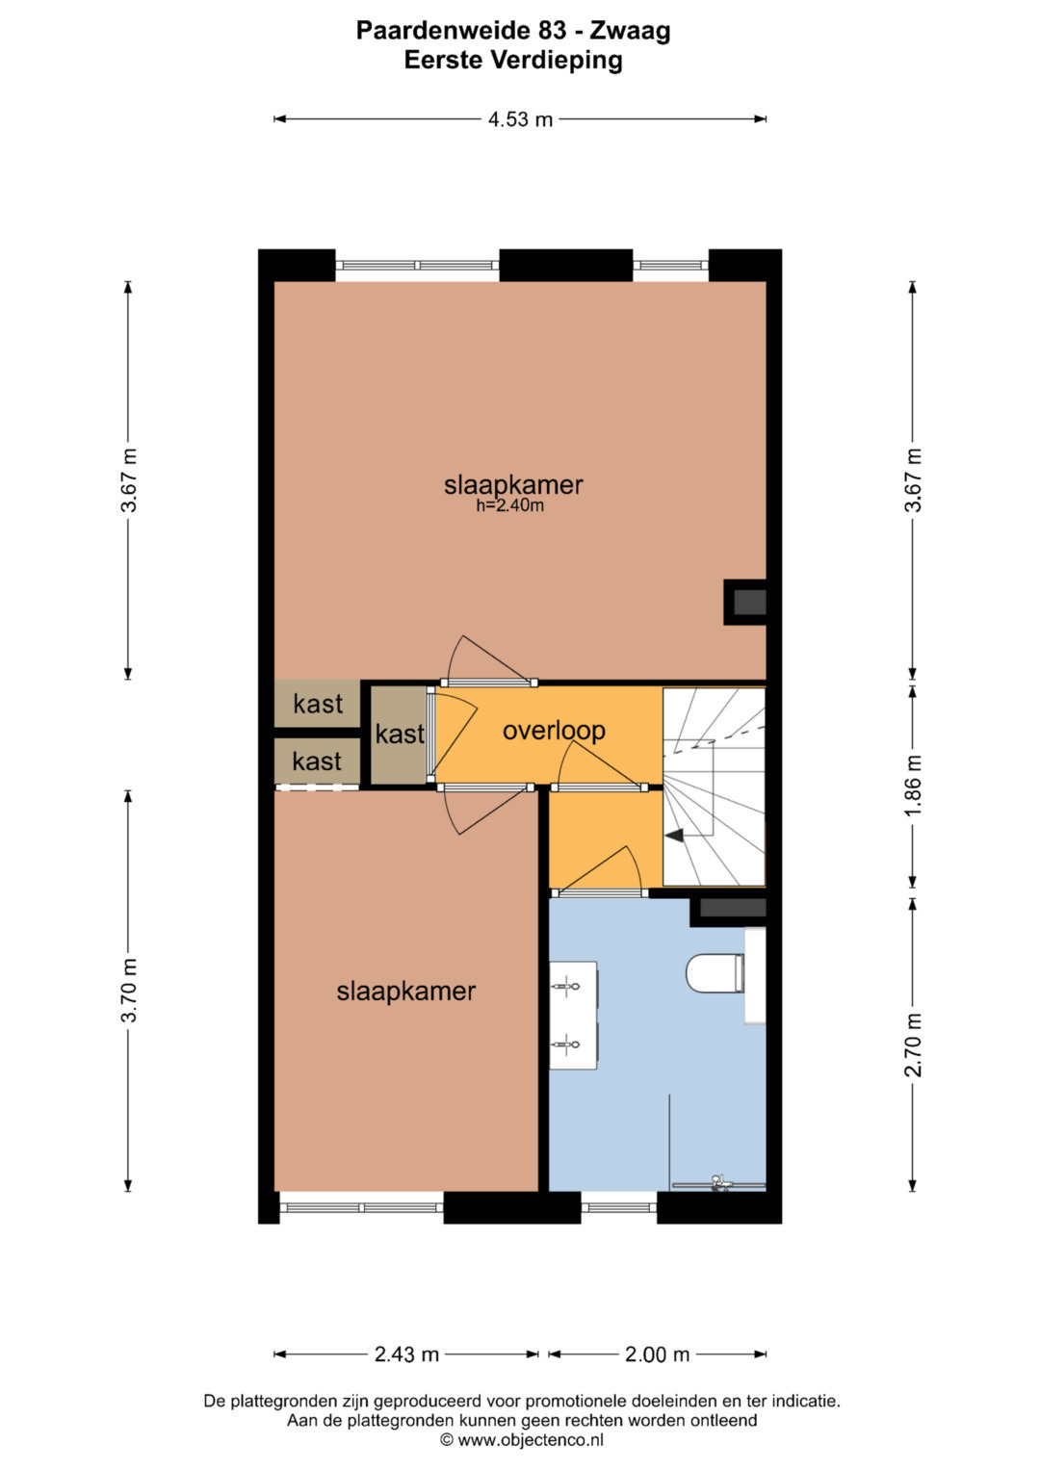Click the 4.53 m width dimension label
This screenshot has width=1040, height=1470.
tap(520, 119)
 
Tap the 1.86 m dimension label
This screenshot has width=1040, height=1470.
tap(913, 785)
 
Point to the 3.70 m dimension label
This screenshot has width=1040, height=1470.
tap(129, 990)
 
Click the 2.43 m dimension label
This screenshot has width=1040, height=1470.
tap(406, 1354)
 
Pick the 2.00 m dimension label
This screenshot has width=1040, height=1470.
tap(657, 1354)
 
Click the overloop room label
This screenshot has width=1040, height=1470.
tap(554, 731)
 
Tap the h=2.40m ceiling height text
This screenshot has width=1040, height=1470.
tap(510, 506)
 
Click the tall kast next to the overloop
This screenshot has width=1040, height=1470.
tap(400, 735)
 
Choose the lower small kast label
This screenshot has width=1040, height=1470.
tap(317, 761)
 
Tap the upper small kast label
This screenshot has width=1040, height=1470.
tap(318, 704)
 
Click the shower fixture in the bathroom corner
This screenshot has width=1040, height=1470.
tap(719, 1183)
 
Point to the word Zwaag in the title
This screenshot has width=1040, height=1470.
tap(630, 32)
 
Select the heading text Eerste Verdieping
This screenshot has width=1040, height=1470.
tap(512, 61)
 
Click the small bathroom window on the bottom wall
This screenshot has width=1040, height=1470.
tap(618, 1207)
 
